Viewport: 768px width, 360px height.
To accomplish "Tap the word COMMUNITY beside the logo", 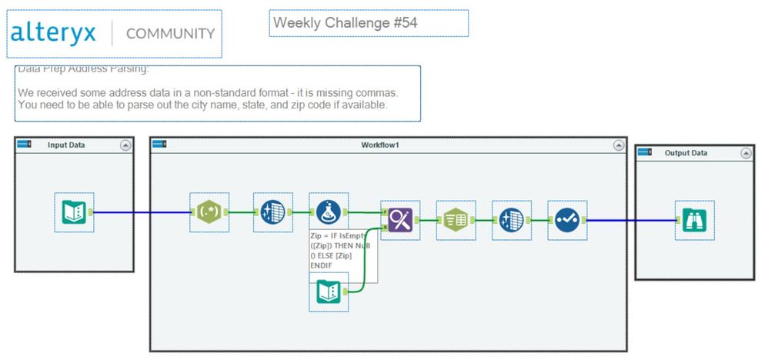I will tap(170, 34).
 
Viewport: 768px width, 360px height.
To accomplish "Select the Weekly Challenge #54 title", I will tap(346, 23).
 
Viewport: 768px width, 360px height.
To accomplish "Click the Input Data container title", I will tap(66, 145).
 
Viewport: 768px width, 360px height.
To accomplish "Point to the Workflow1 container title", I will tap(380, 145).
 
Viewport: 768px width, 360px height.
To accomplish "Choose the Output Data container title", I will tap(686, 153).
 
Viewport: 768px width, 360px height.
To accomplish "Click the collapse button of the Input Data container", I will tap(125, 145).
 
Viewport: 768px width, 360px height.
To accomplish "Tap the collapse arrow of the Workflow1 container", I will tap(617, 145).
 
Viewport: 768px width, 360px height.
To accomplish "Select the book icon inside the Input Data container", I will tap(74, 212).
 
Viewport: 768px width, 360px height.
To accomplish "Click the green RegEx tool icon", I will tap(209, 212).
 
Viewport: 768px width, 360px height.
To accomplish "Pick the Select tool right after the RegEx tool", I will tap(272, 212).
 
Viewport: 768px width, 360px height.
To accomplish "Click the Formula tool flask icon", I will tap(329, 212).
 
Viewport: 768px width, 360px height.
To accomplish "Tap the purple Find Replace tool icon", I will tap(400, 220).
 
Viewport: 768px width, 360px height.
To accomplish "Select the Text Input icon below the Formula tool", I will tap(329, 292).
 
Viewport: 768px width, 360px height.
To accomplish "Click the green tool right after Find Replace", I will tap(456, 220).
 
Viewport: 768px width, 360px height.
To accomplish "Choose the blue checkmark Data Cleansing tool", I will tap(567, 220).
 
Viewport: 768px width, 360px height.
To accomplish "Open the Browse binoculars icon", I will tap(695, 220).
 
